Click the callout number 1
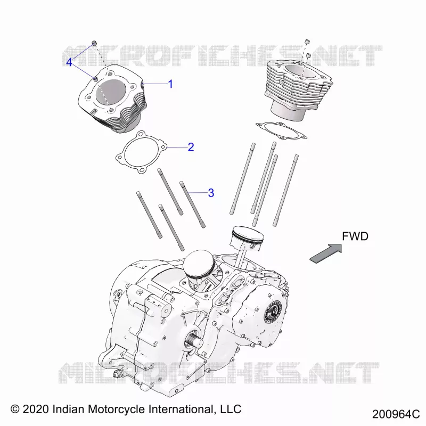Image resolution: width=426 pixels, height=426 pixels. [170, 84]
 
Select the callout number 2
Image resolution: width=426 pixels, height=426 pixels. [191, 148]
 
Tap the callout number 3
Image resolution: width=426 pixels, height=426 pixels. [211, 193]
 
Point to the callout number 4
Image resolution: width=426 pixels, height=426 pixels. [69, 62]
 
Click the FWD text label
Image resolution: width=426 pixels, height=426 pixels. [355, 236]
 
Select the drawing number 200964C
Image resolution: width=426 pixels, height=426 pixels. [396, 414]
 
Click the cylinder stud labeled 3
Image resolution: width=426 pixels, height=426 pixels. [192, 204]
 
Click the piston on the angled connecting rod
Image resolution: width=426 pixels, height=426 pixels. [248, 237]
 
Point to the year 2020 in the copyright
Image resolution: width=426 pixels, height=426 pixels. [36, 409]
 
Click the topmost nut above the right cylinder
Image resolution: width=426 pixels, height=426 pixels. [307, 42]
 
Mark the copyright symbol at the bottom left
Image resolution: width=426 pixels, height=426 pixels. [15, 409]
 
